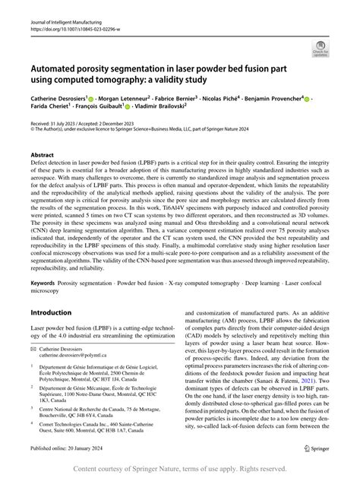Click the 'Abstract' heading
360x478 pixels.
pyautogui.click(x=42, y=154)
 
